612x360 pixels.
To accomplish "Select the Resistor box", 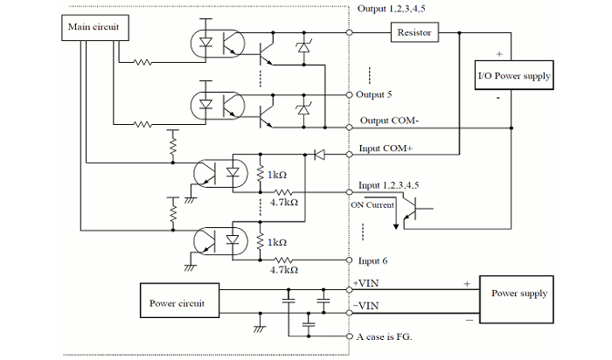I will [x=414, y=32].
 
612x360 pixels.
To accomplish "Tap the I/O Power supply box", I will [x=514, y=76].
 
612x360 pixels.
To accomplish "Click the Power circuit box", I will [x=177, y=302].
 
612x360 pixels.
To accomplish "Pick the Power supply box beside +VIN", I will [x=519, y=294].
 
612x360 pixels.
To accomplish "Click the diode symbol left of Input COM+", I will [x=317, y=155].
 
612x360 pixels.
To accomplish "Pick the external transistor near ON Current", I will [x=417, y=206].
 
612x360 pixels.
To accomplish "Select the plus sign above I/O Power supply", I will [x=498, y=52].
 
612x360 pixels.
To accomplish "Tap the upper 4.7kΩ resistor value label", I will [x=285, y=202].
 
